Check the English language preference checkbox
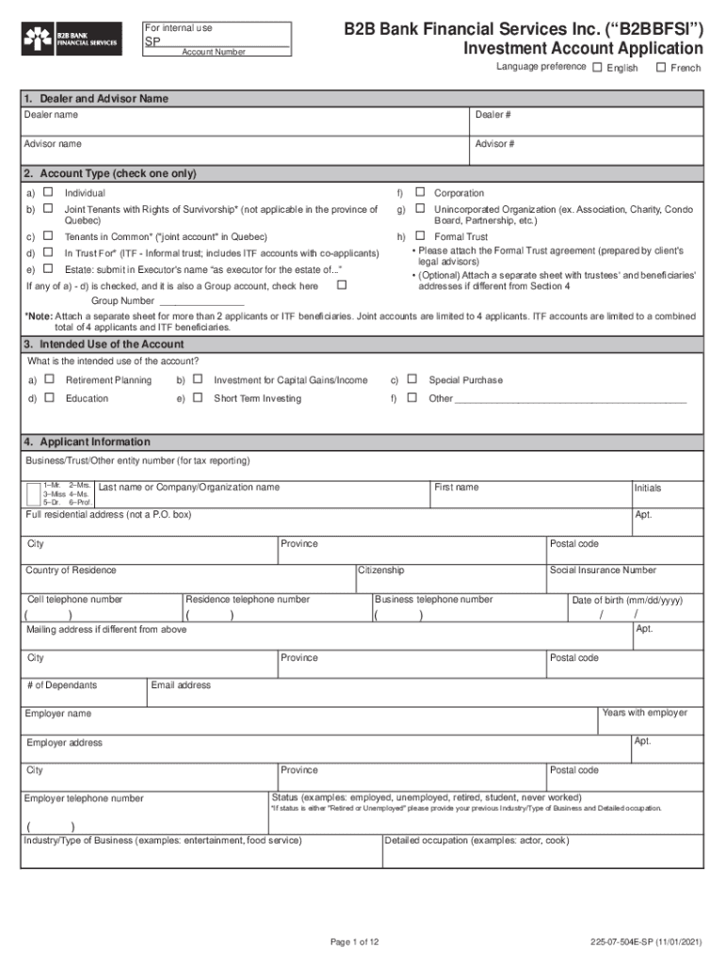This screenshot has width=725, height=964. tap(598, 67)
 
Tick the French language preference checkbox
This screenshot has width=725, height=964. tap(661, 67)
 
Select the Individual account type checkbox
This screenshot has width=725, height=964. tap(47, 192)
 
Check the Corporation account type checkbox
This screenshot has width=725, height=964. tap(421, 192)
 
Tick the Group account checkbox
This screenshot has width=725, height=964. tap(342, 284)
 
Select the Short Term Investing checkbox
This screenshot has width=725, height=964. tap(198, 397)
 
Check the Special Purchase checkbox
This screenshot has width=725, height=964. tap(411, 379)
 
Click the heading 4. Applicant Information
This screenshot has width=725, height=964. tap(87, 442)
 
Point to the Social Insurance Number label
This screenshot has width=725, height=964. tap(603, 570)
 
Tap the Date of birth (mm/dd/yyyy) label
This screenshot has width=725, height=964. tap(626, 601)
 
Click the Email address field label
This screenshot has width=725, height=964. tap(181, 685)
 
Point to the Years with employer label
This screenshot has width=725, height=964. tap(644, 713)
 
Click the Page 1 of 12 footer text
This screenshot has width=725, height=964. tap(354, 941)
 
